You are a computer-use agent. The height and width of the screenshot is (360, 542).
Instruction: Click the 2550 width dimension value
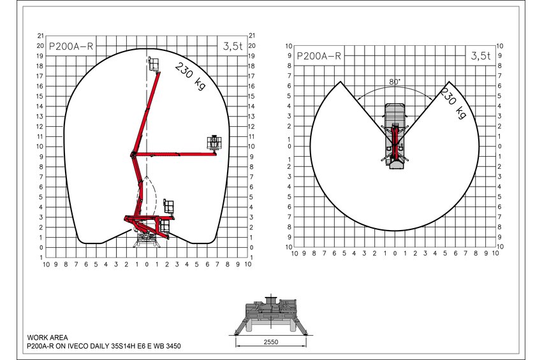[x=270, y=342]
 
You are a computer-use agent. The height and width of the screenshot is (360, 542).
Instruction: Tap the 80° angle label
[x=395, y=82]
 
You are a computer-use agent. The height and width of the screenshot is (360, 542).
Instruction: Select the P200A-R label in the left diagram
[x=71, y=47]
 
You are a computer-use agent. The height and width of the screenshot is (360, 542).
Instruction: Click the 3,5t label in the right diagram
[x=481, y=55]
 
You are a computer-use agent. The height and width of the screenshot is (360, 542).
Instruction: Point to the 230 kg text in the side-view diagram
[x=190, y=76]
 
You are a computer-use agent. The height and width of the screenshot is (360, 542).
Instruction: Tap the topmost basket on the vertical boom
[x=153, y=64]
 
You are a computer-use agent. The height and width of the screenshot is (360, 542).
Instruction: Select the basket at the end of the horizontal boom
[x=214, y=143]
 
